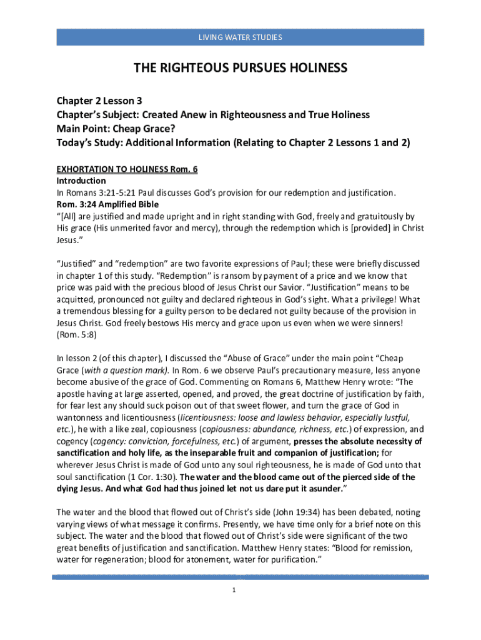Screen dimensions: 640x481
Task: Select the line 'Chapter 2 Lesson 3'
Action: tap(95, 101)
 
